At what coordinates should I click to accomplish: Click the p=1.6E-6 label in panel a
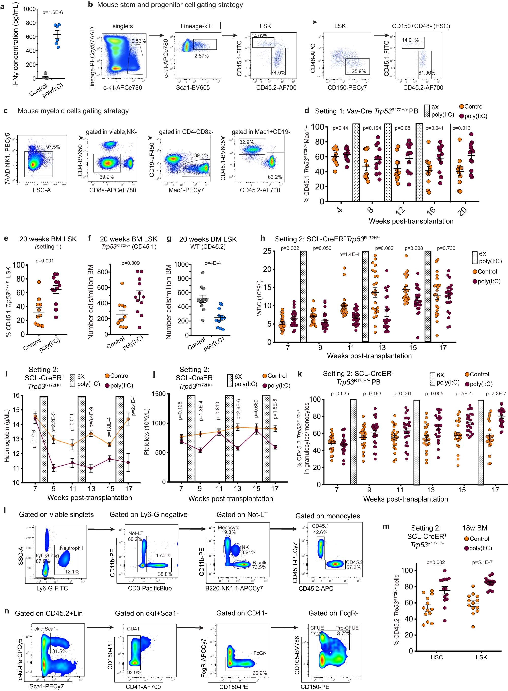coord(52,13)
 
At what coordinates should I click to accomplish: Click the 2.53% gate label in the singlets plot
coord(138,41)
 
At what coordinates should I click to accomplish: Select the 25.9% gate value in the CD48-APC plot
coord(359,71)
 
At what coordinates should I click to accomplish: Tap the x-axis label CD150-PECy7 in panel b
coord(347,88)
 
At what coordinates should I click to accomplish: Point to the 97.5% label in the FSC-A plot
coord(53,147)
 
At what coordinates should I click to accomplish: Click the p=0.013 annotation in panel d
coord(461,128)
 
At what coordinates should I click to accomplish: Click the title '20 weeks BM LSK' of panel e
coord(48,239)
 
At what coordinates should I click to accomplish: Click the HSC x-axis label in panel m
coord(436,657)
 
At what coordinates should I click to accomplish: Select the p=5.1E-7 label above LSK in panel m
coord(482,562)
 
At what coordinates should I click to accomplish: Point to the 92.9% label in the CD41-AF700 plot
coord(134,672)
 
